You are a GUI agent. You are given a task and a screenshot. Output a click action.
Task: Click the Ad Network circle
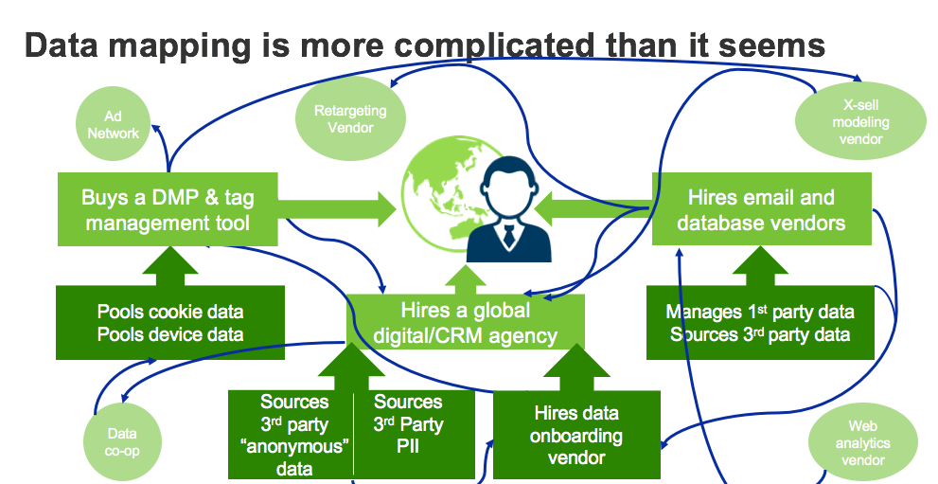(x=114, y=125)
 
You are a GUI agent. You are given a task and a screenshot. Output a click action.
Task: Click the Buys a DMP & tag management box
(x=168, y=209)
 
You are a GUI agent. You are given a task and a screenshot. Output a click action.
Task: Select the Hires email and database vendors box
(x=760, y=209)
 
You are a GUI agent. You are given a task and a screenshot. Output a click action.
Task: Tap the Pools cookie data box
(x=170, y=322)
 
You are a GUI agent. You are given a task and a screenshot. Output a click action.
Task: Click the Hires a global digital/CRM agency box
(x=465, y=323)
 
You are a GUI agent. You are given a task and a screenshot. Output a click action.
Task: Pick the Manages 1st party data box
(x=760, y=322)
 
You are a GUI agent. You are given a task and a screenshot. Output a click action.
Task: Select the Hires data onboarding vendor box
(x=575, y=435)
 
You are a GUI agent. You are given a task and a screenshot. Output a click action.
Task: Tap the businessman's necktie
(x=509, y=237)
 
